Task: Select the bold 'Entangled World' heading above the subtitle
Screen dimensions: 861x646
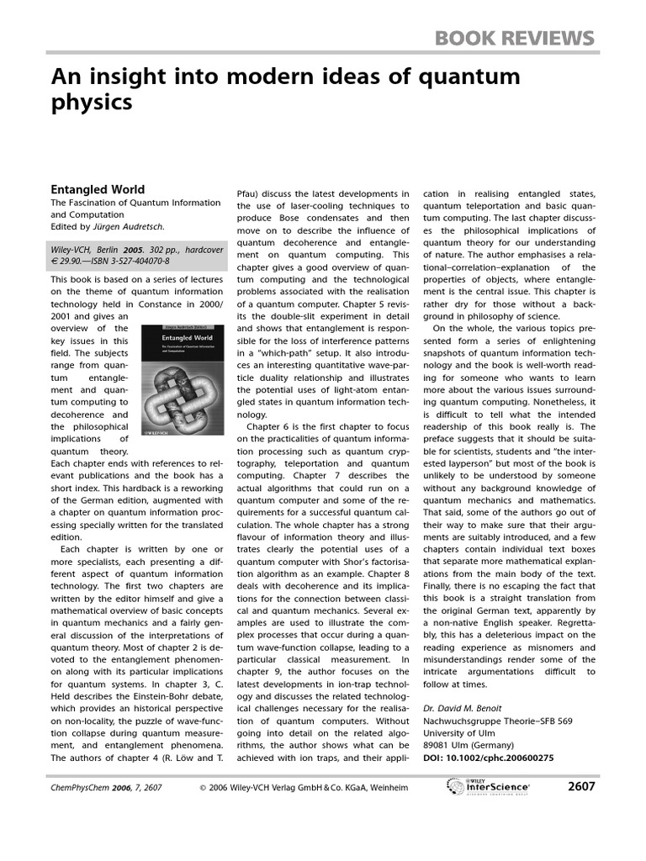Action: click(x=98, y=189)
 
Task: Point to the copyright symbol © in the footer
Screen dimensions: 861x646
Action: click(x=203, y=788)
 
